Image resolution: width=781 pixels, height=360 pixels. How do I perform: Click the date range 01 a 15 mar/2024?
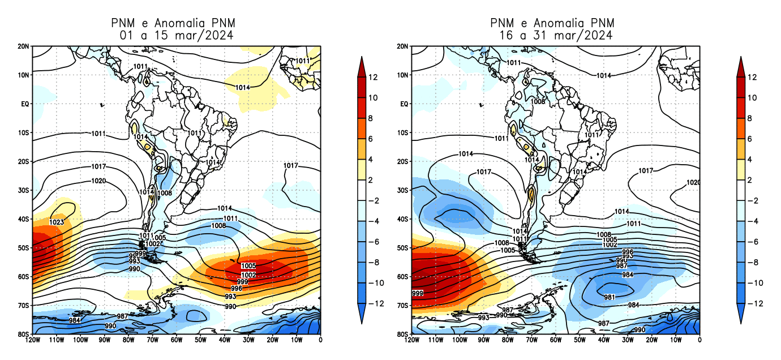177,36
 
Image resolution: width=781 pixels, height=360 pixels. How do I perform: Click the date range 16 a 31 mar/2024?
555,36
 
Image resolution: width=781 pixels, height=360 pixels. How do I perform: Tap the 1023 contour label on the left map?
57,222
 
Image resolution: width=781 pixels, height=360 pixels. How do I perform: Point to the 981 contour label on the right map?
610,297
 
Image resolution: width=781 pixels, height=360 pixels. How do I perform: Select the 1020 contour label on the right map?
692,183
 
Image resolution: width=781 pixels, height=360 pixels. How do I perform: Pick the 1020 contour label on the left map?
98,181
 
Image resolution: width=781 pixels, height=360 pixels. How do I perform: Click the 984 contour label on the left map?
74,320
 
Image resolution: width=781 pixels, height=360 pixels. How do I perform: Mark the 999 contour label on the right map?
418,293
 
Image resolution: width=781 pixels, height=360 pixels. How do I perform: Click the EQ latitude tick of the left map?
25,104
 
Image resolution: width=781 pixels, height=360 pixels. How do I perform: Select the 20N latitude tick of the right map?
402,46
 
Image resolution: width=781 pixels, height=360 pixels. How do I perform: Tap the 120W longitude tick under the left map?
32,340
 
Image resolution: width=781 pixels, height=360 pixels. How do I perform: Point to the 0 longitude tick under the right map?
700,340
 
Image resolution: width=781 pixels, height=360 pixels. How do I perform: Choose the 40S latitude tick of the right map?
402,219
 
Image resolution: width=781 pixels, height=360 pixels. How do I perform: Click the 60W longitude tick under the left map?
176,340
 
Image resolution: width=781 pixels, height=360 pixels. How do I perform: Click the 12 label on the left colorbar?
372,77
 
